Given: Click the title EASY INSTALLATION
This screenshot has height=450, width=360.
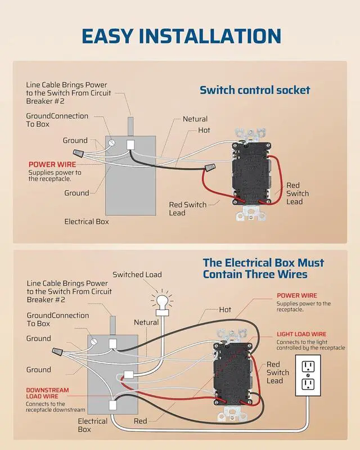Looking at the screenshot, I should point(180,35).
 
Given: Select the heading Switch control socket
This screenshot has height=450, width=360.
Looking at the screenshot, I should point(255,89).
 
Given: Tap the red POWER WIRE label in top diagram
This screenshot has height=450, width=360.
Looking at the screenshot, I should point(52,164).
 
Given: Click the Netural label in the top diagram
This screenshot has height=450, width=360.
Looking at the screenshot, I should point(195,119).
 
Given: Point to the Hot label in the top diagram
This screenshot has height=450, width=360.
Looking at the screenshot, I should point(204,130).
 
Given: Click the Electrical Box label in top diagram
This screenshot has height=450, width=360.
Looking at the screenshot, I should point(87,221).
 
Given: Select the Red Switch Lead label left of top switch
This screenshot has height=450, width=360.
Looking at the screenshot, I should point(188,209).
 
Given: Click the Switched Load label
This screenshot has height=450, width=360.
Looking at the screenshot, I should point(137,274).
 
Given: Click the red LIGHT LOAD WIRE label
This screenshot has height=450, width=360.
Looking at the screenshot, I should point(301,334).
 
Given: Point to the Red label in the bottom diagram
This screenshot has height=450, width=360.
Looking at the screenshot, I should point(140,421).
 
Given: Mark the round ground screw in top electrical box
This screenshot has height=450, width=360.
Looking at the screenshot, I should point(111,143).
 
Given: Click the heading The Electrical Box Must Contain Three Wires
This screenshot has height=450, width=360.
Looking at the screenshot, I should point(263,268).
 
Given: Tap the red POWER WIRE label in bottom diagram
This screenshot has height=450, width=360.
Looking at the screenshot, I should point(296,295).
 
